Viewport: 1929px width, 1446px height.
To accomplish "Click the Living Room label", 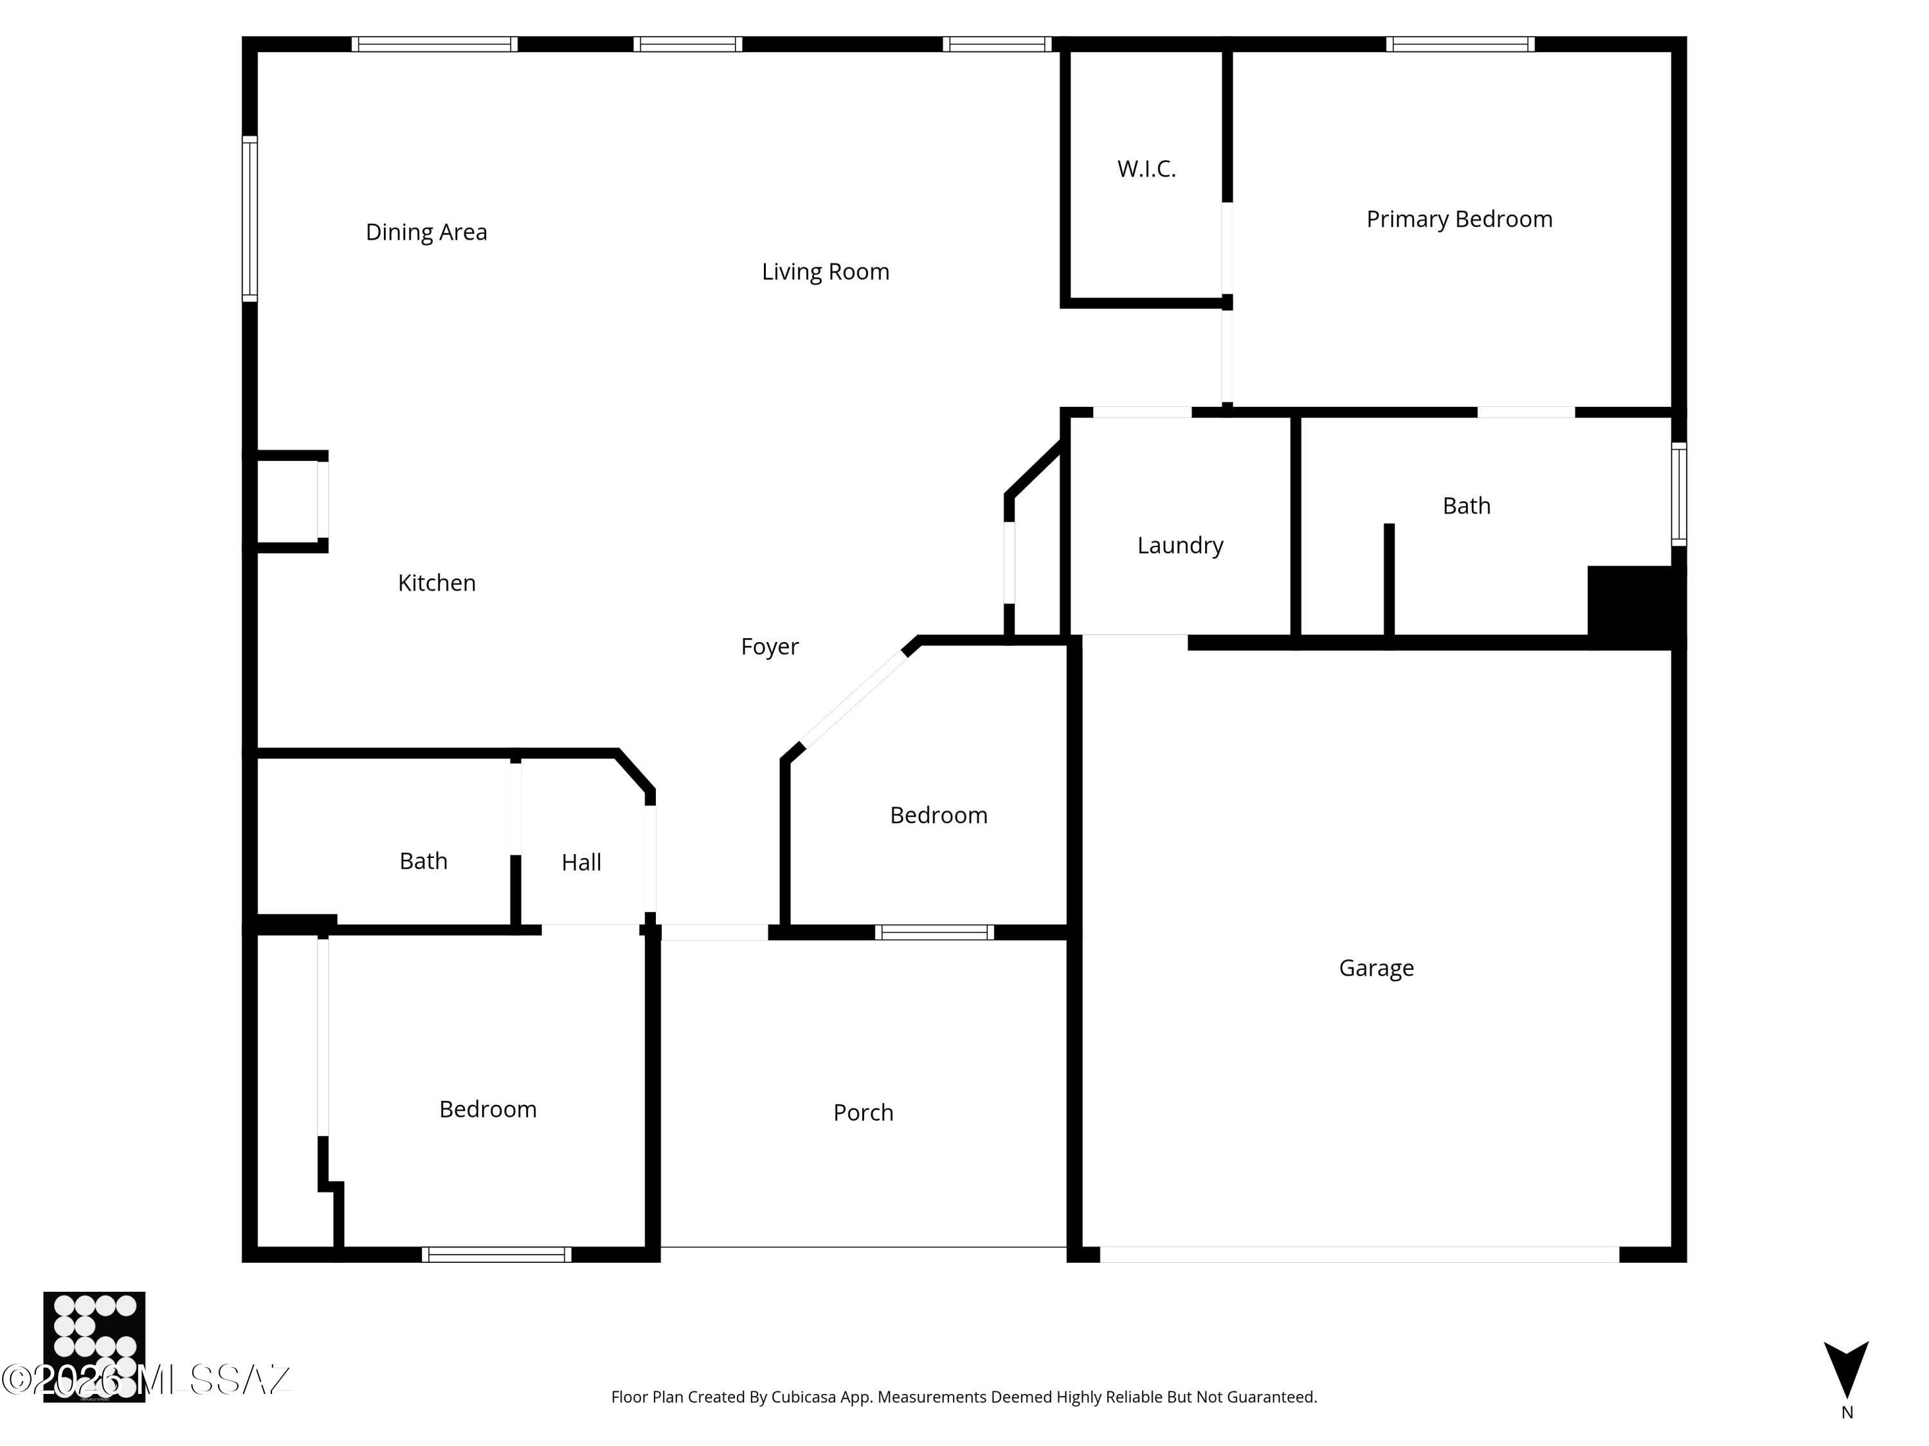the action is (825, 272).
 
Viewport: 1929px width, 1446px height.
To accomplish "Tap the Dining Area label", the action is (426, 233).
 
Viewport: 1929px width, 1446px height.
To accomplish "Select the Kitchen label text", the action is (436, 583).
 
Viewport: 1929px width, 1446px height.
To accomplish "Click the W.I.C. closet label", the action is (1146, 169).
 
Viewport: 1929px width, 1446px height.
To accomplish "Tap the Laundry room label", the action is (1180, 546).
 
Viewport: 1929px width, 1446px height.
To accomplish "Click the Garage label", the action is (1376, 968).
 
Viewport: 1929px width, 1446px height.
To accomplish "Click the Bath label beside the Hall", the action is (423, 861).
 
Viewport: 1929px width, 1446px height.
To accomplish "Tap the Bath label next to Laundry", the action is (1466, 506).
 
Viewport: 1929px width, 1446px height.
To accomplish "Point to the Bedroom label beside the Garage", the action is (938, 816).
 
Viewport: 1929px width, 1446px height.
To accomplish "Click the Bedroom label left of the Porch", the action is (487, 1109).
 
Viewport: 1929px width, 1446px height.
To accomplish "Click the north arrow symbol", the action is (1846, 1371).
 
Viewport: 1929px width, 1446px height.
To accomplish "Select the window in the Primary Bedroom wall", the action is (1460, 44).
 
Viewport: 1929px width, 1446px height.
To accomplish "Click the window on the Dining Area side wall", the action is (249, 219).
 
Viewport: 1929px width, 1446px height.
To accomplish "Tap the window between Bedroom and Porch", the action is (934, 933).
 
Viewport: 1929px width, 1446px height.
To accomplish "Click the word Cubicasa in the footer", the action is (803, 1397).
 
